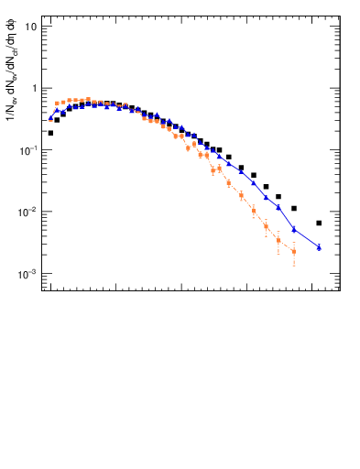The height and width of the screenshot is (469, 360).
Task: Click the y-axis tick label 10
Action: pos(31,26)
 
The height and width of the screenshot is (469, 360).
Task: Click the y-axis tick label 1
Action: pos(34,88)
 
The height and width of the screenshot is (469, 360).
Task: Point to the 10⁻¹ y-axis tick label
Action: pos(29,149)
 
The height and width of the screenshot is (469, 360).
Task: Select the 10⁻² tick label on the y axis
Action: pos(29,212)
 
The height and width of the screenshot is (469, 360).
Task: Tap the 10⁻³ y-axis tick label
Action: pos(29,274)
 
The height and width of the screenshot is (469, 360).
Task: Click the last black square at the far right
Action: pos(319,223)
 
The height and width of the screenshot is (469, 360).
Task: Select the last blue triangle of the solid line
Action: pos(319,247)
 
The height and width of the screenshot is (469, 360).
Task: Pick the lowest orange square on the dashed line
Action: pos(294,251)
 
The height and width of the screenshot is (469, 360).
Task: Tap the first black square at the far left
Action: pos(50,133)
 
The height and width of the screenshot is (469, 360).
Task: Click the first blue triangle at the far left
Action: pos(50,117)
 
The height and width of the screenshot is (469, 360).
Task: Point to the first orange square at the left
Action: pos(57,104)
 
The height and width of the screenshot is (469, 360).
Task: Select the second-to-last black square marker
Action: pos(294,209)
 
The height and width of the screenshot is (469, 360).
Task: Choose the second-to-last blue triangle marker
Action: pos(294,229)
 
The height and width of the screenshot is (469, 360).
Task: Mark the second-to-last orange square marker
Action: pos(278,241)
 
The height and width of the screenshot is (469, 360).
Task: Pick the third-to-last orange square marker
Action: pos(266,225)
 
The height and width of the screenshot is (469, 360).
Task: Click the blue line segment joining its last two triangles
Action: pos(307,238)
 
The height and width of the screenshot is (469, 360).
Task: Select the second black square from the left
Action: pos(57,119)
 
